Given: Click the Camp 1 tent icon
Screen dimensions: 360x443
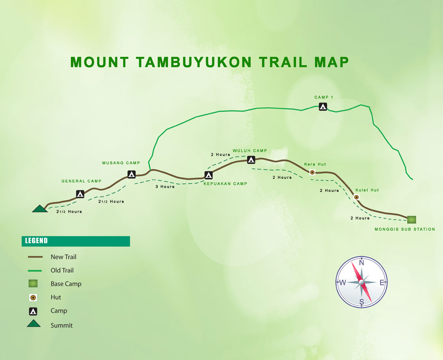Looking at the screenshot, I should tap(323, 106).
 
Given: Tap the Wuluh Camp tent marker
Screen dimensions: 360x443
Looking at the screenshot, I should tap(251, 160).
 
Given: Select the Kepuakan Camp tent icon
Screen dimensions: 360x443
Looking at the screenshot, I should tap(209, 175).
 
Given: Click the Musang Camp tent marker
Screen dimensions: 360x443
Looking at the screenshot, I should tap(131, 174).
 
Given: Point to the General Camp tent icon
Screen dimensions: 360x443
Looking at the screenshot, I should tap(80, 194).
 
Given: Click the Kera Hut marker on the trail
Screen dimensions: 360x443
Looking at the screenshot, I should tap(312, 172).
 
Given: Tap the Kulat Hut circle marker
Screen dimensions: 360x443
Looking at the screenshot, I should tap(356, 197).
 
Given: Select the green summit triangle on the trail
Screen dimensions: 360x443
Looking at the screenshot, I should tap(39, 208).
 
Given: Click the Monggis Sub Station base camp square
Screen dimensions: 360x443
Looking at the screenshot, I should tap(412, 219).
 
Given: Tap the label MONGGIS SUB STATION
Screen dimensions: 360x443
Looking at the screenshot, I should tap(405, 229).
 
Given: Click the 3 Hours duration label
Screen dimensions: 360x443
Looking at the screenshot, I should tap(165, 187).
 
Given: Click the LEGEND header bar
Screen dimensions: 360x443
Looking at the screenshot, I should tap(76, 241).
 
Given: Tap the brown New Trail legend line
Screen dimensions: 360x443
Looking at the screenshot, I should tap(35, 257).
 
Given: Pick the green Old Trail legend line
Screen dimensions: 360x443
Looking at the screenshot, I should tap(35, 270).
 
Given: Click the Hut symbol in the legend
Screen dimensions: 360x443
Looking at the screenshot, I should tap(33, 297).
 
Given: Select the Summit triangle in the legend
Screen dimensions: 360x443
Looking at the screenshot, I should tap(34, 324).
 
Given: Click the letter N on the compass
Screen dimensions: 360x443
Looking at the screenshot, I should tap(361, 263).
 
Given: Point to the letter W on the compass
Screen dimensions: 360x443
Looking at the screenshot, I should tap(342, 282).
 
